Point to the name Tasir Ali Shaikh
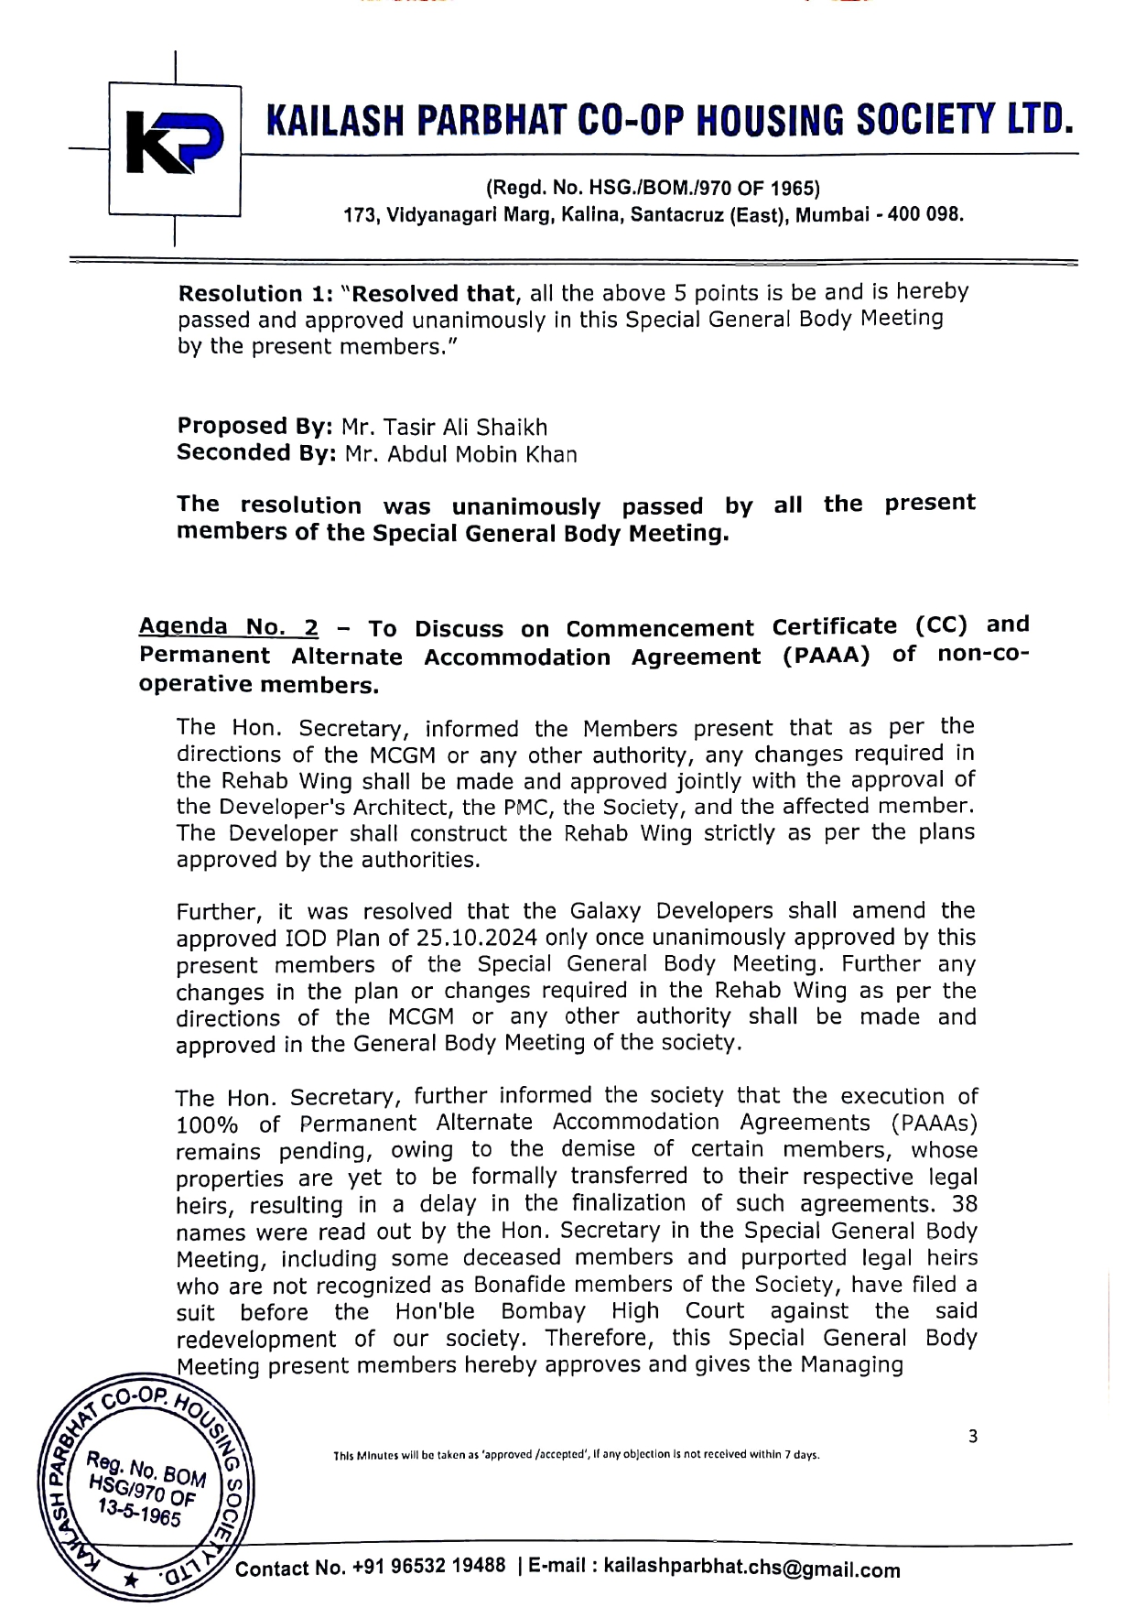(x=444, y=428)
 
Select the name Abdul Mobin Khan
(x=460, y=454)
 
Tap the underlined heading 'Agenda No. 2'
(x=229, y=627)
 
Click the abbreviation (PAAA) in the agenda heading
(x=827, y=657)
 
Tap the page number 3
(x=972, y=1437)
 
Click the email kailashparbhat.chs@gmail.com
(x=751, y=1569)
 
